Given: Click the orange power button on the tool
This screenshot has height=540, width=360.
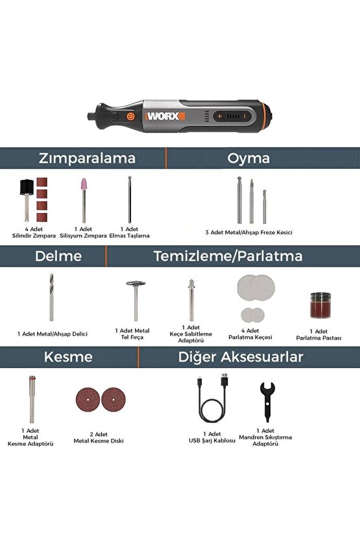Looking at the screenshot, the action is click(x=130, y=116).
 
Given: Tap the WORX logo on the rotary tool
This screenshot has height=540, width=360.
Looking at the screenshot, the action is click(x=165, y=116).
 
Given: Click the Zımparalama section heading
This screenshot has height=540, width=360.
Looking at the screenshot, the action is click(x=87, y=158).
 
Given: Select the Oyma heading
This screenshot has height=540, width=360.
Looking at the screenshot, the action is click(x=248, y=158).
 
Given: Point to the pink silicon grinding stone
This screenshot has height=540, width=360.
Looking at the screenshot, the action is click(x=84, y=200).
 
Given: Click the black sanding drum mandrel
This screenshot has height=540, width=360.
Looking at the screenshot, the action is click(x=27, y=200).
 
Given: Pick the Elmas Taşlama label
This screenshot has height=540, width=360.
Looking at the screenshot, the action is click(x=130, y=236).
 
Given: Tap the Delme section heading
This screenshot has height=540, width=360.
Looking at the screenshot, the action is click(x=58, y=256).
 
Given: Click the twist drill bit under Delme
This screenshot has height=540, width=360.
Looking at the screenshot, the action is click(x=51, y=297).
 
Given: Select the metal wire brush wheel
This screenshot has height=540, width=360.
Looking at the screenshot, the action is click(x=136, y=301).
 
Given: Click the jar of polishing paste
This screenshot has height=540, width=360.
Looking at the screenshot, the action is click(x=320, y=305).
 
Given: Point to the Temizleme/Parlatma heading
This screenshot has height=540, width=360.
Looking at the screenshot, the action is click(x=228, y=256).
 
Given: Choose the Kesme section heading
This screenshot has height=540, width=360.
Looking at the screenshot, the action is click(x=68, y=357).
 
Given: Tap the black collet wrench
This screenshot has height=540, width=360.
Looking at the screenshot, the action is click(x=267, y=402).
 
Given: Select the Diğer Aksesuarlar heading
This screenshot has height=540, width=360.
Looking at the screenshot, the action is click(x=241, y=357).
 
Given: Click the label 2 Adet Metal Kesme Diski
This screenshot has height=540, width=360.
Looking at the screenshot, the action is click(x=99, y=437).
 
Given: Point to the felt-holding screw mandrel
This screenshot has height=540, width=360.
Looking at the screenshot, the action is click(x=191, y=300).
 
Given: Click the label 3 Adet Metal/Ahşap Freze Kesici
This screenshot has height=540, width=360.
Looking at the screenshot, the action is click(x=248, y=232).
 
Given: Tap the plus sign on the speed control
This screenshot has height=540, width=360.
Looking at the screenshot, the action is click(x=220, y=116).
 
